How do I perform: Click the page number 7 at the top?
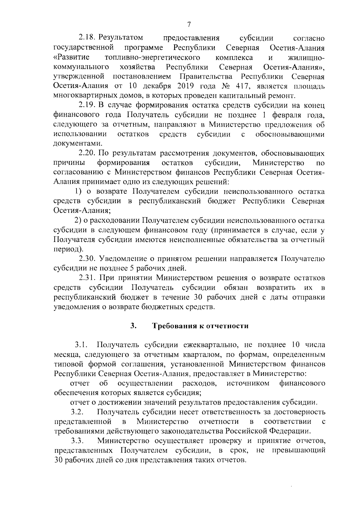tap(189, 25)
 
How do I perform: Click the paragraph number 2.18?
tap(86, 38)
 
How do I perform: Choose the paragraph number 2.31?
tap(87, 278)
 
